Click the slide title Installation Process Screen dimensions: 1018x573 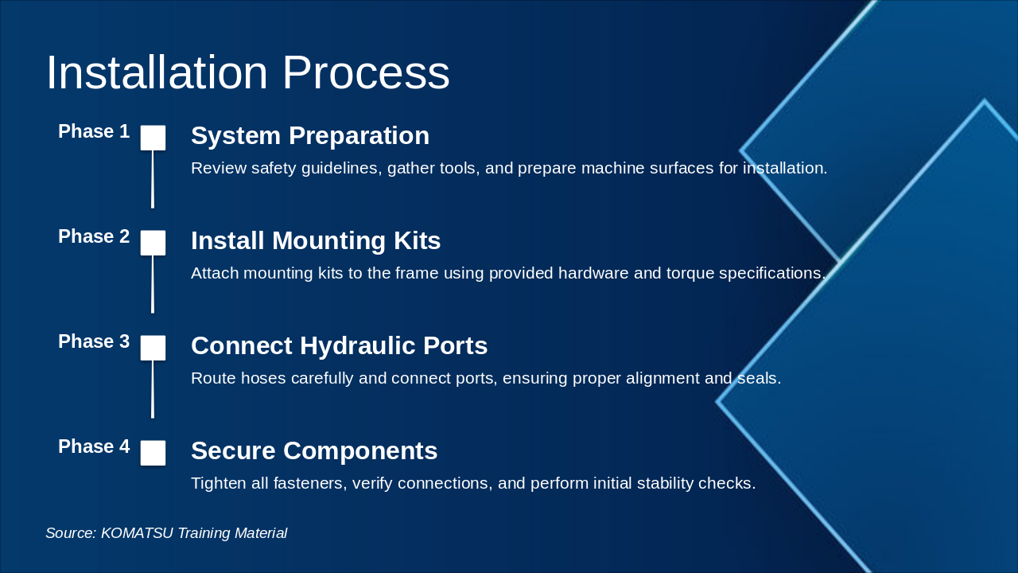tap(247, 72)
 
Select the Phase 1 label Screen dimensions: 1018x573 tap(94, 131)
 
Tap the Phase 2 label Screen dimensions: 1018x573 tap(94, 236)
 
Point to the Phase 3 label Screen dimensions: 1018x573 tap(94, 341)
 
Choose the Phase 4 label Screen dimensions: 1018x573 tap(94, 446)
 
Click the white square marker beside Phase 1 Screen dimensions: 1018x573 tap(153, 138)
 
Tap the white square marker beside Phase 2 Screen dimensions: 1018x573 tap(153, 243)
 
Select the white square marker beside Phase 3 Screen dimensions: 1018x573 tap(153, 348)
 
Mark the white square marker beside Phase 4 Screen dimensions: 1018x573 tap(153, 453)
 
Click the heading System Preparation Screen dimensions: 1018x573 tap(310, 135)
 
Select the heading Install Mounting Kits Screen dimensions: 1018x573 tap(316, 240)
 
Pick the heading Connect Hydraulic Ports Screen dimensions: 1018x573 tap(339, 345)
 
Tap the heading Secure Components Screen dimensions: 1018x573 tap(314, 450)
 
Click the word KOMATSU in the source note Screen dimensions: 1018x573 tap(137, 533)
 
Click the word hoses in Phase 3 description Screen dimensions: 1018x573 tap(263, 378)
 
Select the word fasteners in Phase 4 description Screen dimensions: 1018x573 tap(310, 483)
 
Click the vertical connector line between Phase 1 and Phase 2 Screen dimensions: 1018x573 tap(153, 179)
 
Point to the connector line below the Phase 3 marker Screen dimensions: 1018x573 tap(153, 389)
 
